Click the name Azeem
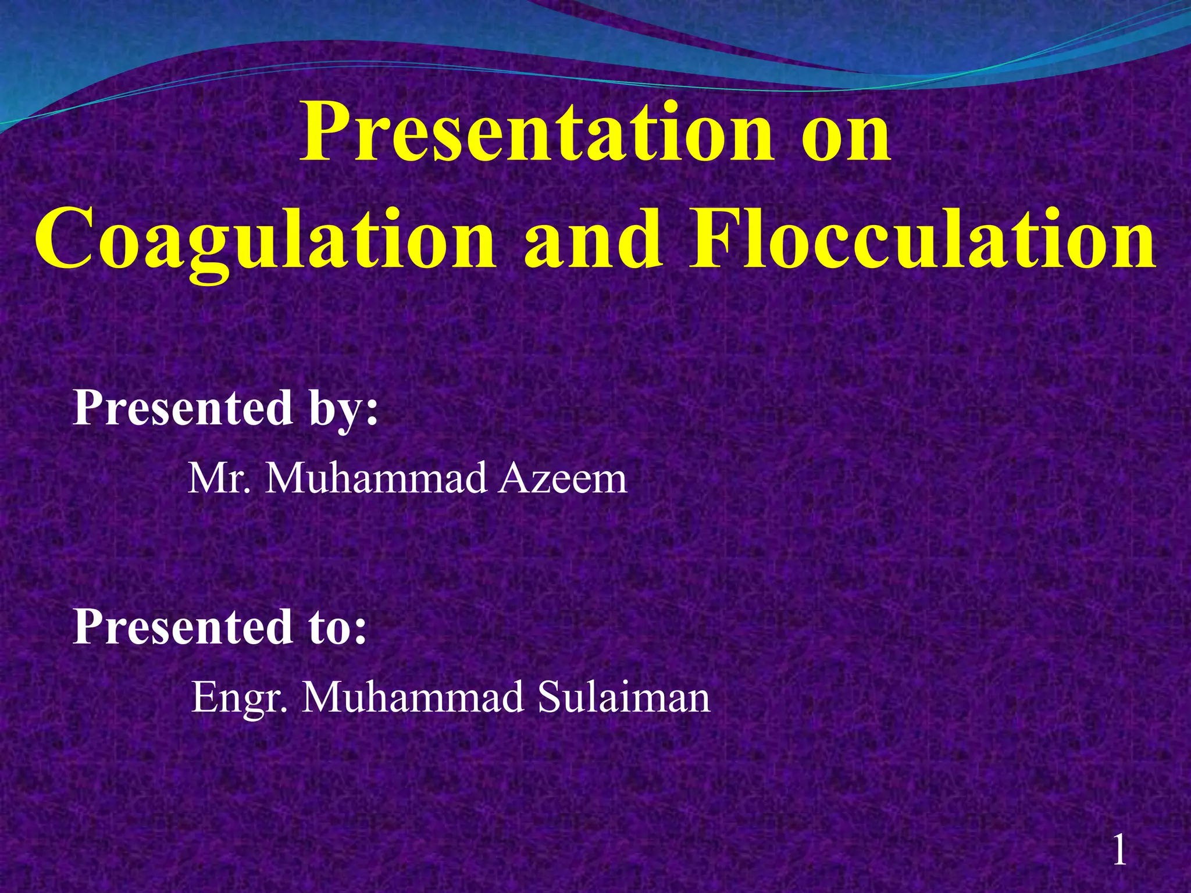563,479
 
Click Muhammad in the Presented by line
376,479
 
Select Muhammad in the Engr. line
413,698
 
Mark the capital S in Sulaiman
551,698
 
